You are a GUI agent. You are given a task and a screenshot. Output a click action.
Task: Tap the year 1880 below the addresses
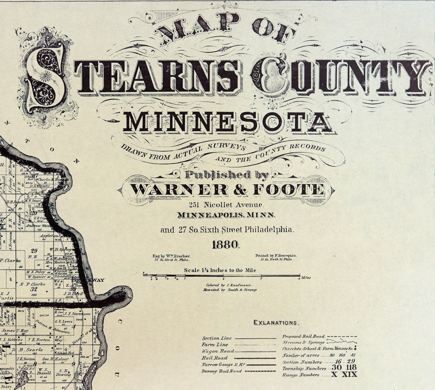pos(225,245)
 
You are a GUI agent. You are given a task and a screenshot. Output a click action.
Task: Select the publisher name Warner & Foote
pos(227,190)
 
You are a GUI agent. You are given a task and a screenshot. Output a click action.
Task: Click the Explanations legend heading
pos(276,323)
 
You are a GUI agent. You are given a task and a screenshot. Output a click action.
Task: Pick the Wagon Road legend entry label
pos(218,351)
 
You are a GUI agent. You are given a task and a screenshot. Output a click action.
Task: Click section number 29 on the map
pos(34,251)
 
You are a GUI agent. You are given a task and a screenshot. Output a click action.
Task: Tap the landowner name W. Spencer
pos(36,277)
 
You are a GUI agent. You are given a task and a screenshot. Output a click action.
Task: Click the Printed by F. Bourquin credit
pos(276,255)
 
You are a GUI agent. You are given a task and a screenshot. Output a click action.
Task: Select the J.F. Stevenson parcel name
pos(77,314)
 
